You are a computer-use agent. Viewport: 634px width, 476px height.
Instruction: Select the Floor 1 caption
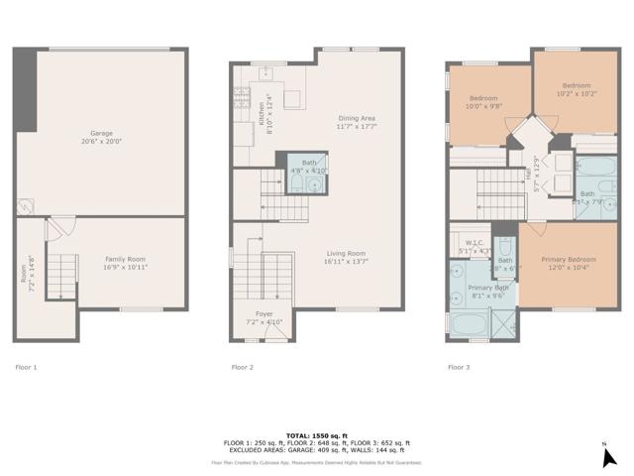(26, 367)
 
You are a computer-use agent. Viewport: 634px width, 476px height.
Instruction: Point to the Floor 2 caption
(243, 367)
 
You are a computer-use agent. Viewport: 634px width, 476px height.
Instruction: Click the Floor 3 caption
(459, 367)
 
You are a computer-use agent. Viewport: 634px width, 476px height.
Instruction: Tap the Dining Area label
(356, 122)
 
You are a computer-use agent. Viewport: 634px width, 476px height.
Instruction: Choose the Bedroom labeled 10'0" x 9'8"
(484, 102)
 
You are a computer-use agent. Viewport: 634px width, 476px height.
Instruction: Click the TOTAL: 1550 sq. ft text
(316, 435)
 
